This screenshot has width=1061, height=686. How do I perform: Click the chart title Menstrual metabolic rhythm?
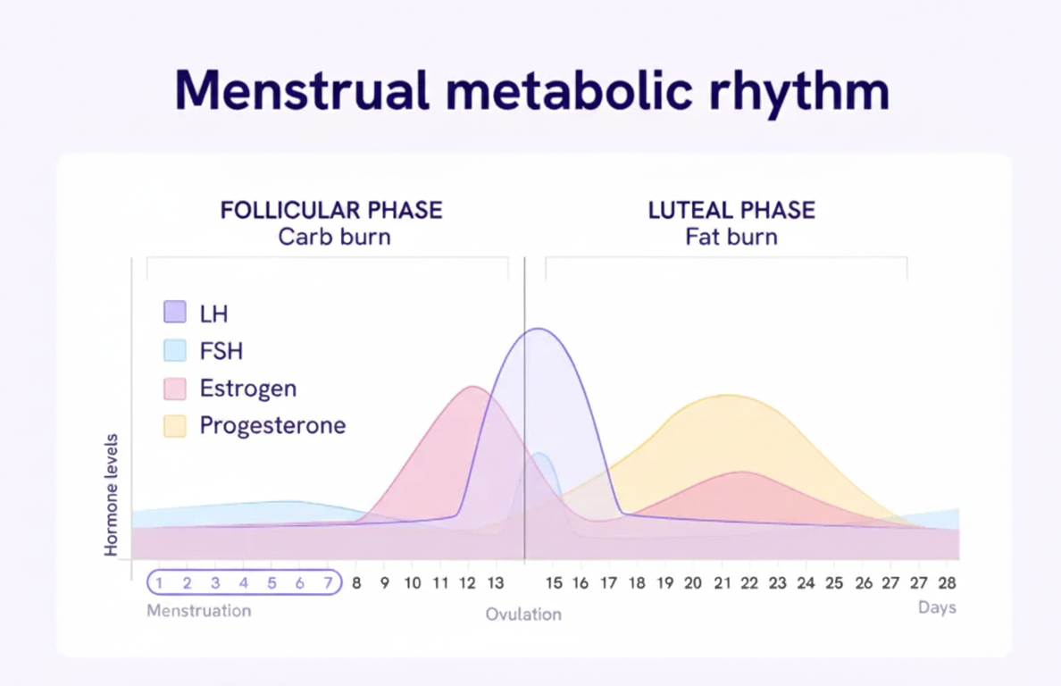531,89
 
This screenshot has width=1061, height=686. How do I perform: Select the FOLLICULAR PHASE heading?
331,211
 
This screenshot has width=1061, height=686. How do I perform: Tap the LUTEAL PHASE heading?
731,211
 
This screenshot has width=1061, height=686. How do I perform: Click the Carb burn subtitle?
334,238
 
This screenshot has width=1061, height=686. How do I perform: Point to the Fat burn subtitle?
731,238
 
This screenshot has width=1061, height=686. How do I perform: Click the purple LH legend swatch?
175,313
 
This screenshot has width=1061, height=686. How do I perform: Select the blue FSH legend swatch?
175,350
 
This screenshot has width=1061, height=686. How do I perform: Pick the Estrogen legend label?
247,389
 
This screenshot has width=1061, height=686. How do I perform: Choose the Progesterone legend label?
272,425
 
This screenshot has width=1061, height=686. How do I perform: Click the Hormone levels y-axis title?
112,495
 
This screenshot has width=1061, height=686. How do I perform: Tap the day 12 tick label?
468,583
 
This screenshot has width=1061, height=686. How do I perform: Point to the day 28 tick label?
947,583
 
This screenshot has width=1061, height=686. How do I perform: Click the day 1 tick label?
159,583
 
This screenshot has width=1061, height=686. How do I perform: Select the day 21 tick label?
721,583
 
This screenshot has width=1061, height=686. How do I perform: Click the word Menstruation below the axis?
198,611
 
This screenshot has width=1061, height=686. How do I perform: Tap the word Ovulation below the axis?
523,615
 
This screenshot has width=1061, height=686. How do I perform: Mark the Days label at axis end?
937,607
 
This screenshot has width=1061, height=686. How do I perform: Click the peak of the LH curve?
538,329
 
